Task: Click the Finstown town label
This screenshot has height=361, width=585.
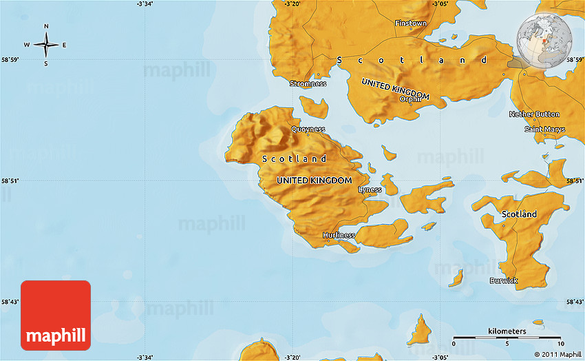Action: click(410, 23)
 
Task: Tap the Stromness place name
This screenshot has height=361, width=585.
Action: click(308, 84)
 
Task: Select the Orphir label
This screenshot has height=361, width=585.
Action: click(409, 99)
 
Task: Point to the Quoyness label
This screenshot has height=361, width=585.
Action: click(308, 130)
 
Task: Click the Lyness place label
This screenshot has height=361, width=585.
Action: click(370, 190)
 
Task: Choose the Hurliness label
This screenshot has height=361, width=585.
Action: click(339, 236)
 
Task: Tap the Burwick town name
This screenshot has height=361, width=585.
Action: click(503, 280)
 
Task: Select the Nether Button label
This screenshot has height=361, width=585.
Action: click(534, 114)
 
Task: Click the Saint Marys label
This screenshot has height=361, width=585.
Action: click(544, 130)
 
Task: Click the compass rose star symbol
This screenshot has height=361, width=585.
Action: click(46, 45)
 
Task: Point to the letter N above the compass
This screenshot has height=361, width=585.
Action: click(46, 27)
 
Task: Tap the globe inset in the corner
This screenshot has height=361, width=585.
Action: click(541, 41)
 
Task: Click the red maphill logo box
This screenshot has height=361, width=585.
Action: click(56, 316)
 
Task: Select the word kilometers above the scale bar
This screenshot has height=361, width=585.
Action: click(507, 331)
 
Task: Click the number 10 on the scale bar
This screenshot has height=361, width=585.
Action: click(561, 344)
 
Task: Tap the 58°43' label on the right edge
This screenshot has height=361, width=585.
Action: click(575, 302)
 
